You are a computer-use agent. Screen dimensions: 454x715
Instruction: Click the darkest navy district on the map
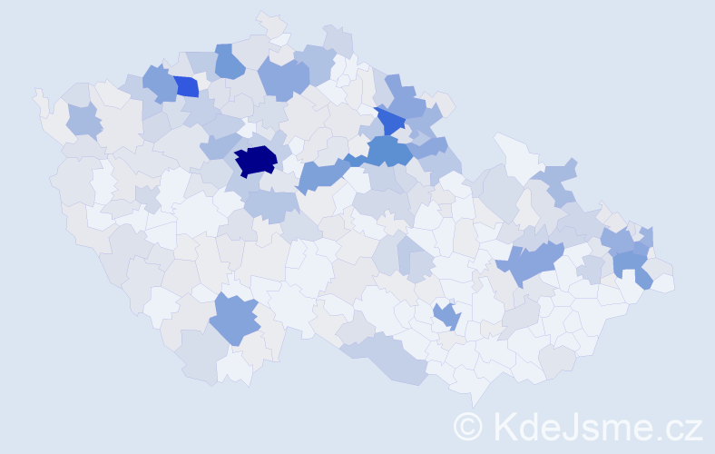coord(255,160)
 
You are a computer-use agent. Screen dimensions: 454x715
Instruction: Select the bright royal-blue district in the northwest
coord(186,86)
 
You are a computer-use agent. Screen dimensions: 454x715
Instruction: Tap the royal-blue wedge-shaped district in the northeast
coord(391,120)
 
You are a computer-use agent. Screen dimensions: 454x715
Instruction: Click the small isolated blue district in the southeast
coord(446,316)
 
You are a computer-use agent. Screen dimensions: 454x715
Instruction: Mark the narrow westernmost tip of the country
coord(37,94)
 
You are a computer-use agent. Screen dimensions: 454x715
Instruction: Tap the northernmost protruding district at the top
coord(269,22)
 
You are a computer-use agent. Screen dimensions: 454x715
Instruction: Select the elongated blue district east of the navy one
coord(322,173)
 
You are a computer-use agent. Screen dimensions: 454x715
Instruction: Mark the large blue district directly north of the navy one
coord(283,77)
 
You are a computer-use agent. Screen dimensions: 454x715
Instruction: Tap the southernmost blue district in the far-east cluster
coord(632,267)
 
